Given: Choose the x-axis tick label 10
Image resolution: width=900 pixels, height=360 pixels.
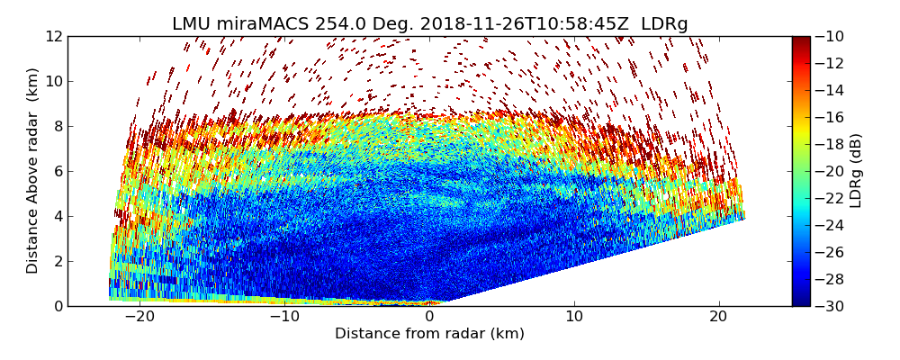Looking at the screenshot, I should coord(574,317).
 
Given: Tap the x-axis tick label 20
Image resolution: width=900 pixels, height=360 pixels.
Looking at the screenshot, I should coord(719,317).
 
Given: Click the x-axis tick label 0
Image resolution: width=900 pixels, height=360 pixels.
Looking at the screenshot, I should coord(429,317).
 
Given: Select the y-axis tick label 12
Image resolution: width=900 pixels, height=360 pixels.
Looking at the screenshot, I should coord(54,36).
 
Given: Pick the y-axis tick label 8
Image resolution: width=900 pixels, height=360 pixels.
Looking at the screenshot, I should coord(58,126).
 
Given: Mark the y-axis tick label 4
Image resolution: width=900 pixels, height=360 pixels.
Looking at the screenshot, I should coord(58,216).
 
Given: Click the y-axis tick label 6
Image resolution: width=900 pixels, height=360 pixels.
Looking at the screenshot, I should coord(58,171).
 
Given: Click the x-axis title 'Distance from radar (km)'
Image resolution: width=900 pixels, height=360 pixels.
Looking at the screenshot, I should coord(429,334).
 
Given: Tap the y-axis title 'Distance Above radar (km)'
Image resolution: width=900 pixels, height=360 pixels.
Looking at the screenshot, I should coord(33,170).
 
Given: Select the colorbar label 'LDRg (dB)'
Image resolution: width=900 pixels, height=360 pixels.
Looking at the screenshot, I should coord(856,170).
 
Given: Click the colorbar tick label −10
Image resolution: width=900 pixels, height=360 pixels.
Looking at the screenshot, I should coord(831,36).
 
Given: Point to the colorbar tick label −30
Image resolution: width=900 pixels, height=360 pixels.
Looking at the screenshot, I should coord(831,306).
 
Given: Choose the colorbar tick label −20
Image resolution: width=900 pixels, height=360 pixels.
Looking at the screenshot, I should coord(831,171).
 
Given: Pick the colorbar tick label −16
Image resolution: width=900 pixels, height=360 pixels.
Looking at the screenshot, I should coord(831,117).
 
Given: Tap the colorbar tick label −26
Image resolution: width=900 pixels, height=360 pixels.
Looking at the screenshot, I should coord(831,252).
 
